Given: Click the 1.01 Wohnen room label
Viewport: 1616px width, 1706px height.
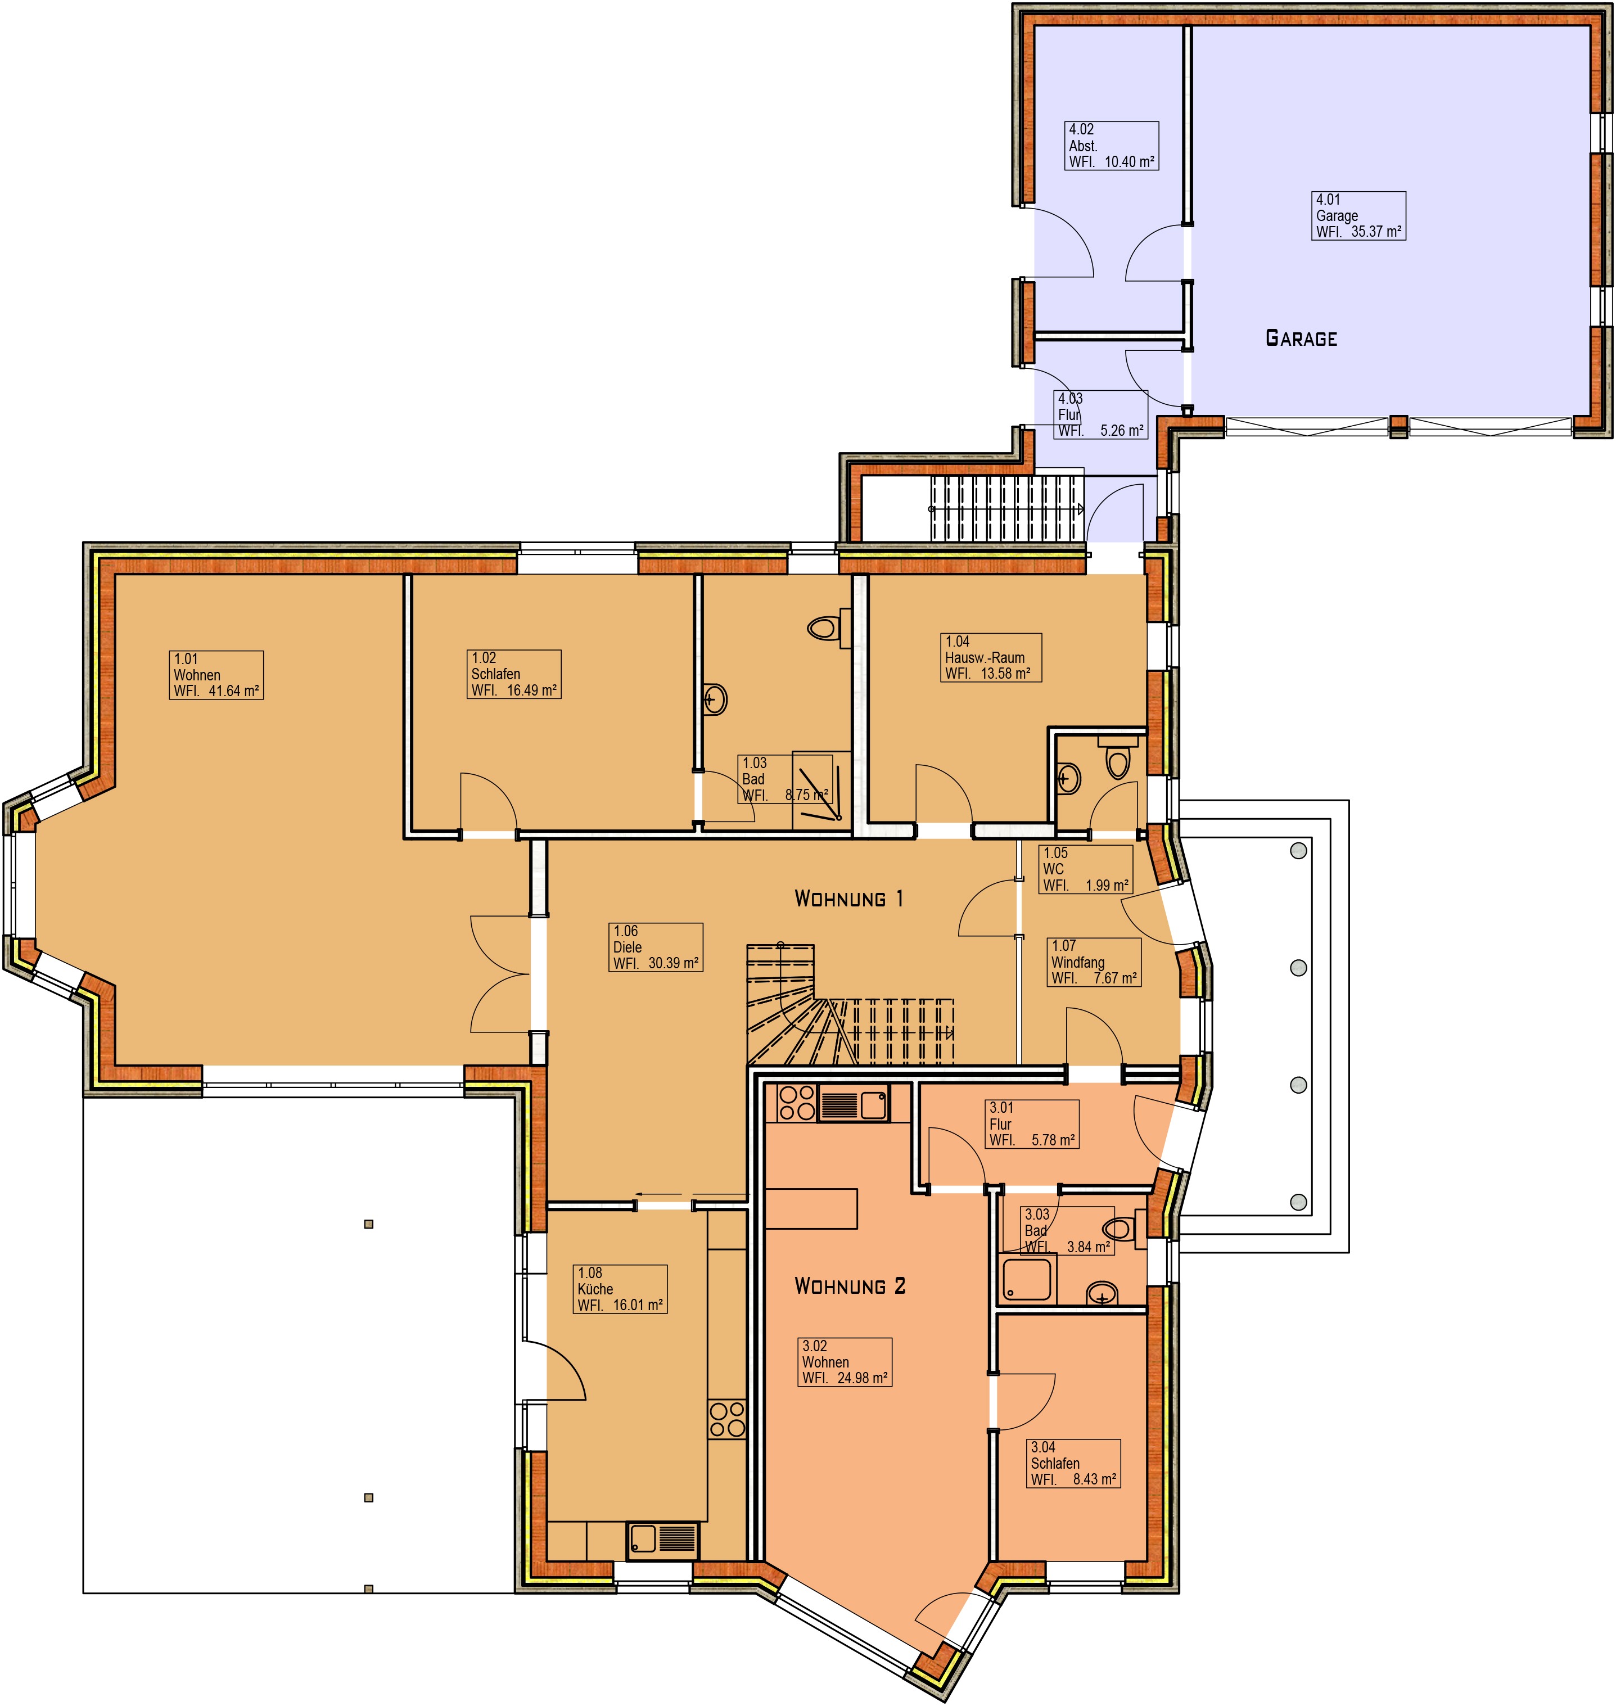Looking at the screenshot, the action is pos(216,675).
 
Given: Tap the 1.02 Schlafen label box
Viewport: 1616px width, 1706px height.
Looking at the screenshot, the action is pos(514,674).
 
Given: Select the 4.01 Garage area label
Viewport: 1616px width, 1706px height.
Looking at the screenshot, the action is pos(1358,215).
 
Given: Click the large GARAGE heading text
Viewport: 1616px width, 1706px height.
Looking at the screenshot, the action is pos(1301,338).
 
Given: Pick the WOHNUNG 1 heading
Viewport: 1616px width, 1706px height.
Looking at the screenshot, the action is pos(848,899).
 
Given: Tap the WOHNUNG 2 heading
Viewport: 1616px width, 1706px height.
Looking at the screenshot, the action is pos(850,1287).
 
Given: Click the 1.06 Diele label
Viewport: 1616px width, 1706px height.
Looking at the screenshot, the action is pos(656,947).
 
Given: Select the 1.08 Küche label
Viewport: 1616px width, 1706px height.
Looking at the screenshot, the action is pos(620,1289).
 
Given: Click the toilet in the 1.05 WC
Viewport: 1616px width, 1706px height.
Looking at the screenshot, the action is pos(1117,756).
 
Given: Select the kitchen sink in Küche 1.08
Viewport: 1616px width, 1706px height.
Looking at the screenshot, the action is pos(662,1537).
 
